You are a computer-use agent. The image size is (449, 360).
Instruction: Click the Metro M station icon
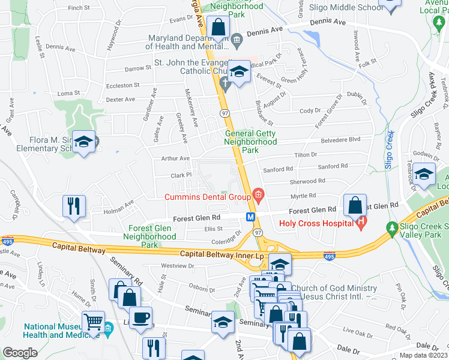249,215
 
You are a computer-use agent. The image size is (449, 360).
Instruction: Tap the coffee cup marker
140,317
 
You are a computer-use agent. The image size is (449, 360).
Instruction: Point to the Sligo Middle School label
345,8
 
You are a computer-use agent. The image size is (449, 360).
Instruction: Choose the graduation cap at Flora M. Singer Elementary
84,142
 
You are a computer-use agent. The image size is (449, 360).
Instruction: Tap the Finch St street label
79,8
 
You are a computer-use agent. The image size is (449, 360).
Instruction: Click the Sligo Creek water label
389,152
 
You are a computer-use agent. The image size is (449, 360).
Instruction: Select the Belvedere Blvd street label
343,139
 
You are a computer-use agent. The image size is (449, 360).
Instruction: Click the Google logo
20,353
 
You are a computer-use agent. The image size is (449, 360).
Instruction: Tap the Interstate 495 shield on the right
329,256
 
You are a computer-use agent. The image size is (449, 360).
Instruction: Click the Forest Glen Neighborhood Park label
144,236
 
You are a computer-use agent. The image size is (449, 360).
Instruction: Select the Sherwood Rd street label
307,180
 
